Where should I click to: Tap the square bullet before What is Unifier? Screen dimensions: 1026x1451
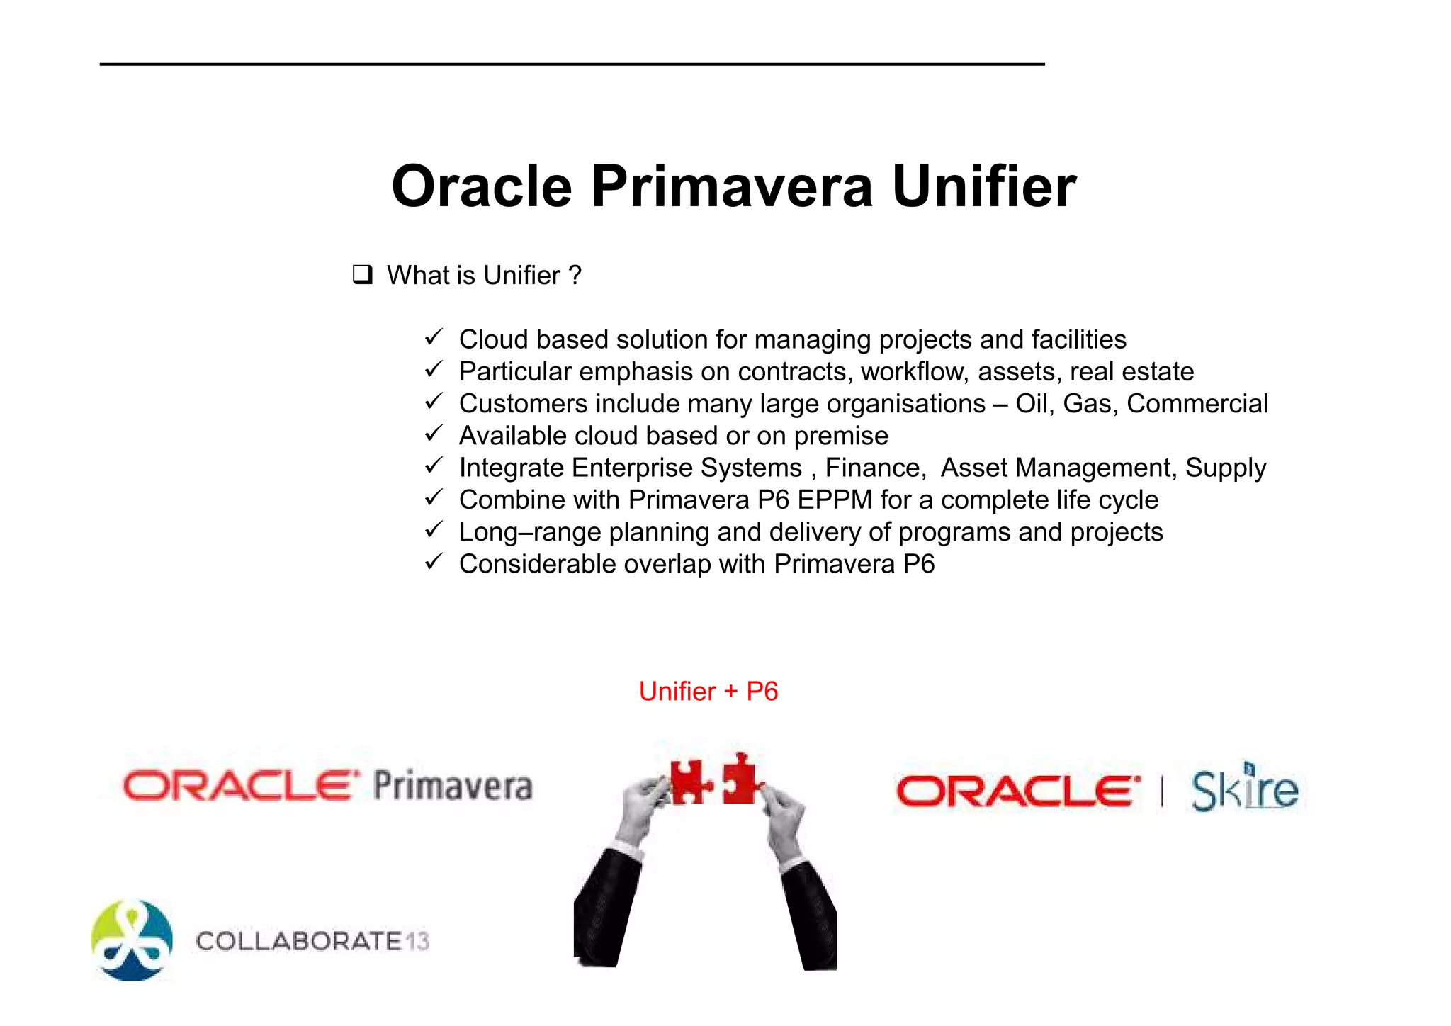(x=362, y=275)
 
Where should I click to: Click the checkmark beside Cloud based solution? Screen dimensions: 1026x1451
(x=434, y=337)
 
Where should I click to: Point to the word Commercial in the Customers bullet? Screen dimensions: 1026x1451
(x=1197, y=404)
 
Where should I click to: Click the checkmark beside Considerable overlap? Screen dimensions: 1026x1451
(x=434, y=563)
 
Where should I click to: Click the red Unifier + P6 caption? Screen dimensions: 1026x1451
(x=708, y=692)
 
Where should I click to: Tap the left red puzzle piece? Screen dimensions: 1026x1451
(x=689, y=781)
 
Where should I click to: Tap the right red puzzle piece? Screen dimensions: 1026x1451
(x=740, y=779)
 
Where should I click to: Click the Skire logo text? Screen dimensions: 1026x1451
(x=1244, y=790)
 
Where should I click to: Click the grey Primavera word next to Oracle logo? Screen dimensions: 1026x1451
(x=453, y=787)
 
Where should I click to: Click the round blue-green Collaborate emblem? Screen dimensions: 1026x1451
(x=132, y=940)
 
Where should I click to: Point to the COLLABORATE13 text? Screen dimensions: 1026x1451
(x=312, y=941)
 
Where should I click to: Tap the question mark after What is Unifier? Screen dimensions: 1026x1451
(x=575, y=275)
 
